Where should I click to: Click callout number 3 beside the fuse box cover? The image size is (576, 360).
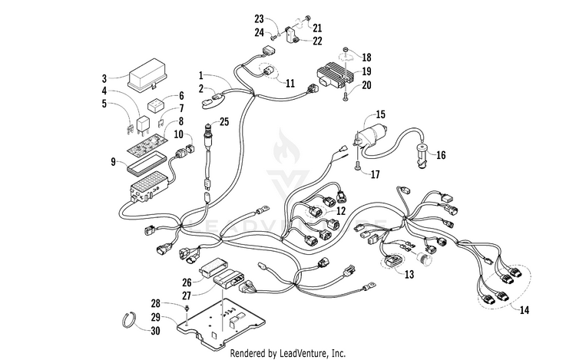(x=104, y=78)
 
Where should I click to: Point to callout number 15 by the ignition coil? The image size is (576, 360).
(x=380, y=114)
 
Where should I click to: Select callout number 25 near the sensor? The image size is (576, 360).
(x=224, y=121)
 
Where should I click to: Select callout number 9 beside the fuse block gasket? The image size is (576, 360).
(x=113, y=161)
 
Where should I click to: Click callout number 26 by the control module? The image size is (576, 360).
(x=187, y=282)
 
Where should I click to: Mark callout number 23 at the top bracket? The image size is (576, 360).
(x=259, y=18)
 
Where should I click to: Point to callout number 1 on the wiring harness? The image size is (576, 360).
(x=201, y=77)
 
